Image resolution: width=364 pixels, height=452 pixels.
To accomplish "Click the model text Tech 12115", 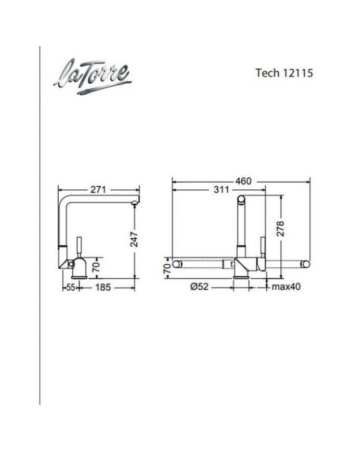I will click(x=284, y=73).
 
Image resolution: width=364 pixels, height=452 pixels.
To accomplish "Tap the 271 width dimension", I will click(x=98, y=189).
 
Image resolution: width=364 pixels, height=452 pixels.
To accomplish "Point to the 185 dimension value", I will click(x=102, y=287).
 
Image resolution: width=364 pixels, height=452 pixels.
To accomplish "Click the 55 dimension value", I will click(x=70, y=287).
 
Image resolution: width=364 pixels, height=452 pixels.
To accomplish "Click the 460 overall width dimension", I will click(x=243, y=181).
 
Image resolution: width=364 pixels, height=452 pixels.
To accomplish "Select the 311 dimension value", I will click(x=222, y=189).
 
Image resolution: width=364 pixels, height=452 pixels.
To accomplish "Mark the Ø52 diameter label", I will click(x=200, y=287).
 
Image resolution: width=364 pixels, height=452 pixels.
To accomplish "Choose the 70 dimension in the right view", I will click(x=166, y=268).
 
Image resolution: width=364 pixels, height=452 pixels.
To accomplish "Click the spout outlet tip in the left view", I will click(x=135, y=202).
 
